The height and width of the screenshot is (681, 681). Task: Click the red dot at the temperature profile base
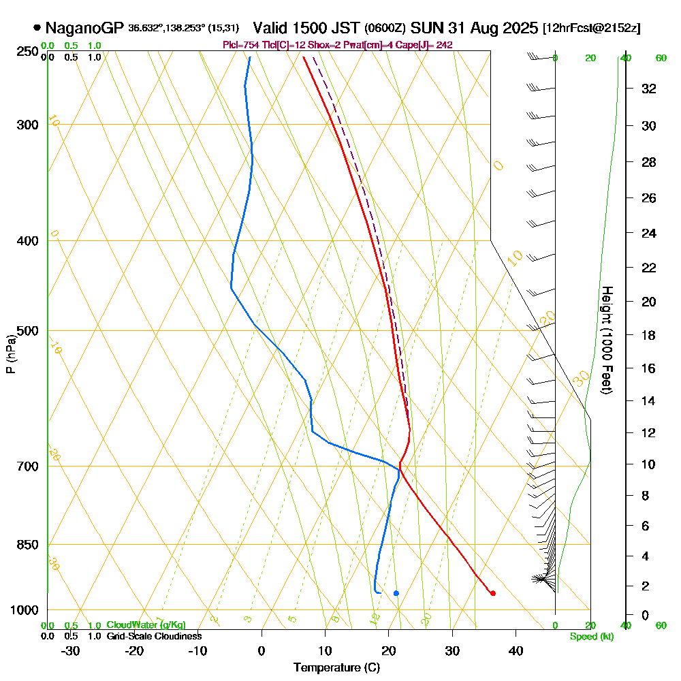tap(493, 593)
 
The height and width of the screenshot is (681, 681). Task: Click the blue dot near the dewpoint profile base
tap(396, 593)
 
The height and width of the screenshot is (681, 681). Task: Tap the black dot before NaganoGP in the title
tap(36, 29)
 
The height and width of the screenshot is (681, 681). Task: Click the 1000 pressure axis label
tap(24, 610)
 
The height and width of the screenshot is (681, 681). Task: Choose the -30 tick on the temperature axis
tap(71, 650)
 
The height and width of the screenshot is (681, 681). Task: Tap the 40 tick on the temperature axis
tap(516, 650)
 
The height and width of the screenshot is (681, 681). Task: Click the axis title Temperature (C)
tap(336, 668)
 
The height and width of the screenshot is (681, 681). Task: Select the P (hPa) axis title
tap(10, 353)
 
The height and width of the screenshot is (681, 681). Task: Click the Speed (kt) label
tap(592, 637)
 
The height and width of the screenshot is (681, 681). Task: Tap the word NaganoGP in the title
tap(84, 29)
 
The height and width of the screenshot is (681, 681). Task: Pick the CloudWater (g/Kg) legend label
tap(146, 625)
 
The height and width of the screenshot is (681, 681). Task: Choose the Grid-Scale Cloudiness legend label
tap(153, 636)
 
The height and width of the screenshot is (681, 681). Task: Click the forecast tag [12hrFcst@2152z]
tap(591, 29)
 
